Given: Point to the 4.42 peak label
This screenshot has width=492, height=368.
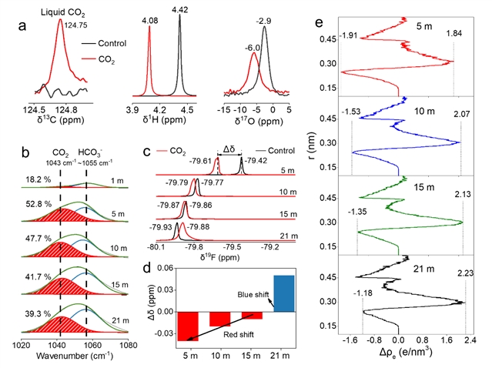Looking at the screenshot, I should click(x=179, y=8).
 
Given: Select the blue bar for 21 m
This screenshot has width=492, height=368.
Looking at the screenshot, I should click(x=284, y=295).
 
